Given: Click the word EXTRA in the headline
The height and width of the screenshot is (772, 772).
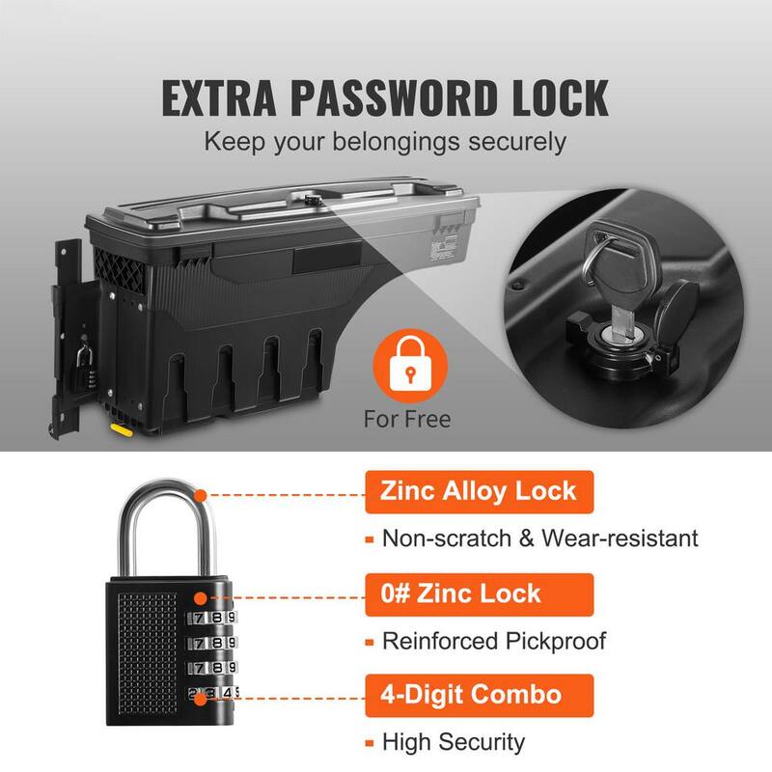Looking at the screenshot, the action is pos(219,98).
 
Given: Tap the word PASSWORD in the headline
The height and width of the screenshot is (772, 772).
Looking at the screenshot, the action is pos(394,98).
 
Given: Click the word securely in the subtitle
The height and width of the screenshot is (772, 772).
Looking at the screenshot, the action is pos(517,142).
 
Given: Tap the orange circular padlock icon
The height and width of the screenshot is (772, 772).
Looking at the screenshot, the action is pos(410,365).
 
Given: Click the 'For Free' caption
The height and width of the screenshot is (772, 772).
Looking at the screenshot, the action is pos(406,420).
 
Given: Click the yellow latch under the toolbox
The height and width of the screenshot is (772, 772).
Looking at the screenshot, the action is pos(121,429).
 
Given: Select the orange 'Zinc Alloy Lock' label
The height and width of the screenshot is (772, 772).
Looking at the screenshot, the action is pos(479,492).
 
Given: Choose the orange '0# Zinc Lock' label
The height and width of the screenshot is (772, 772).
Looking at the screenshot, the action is pos(479,594).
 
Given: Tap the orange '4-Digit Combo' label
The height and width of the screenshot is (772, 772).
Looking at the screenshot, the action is pos(479,695).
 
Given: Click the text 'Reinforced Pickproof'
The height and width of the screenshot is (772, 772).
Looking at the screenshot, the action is pos(494,641).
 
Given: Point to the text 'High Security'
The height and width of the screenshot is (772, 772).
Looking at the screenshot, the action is pos(454,742).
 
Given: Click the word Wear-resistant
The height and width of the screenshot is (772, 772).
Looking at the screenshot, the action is pos(620,538).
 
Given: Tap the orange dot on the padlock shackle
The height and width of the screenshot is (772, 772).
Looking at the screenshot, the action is pos(200,495).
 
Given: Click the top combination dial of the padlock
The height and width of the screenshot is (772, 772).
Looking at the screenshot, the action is pos(211,618).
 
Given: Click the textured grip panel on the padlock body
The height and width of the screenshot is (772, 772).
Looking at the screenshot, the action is pos(148,653).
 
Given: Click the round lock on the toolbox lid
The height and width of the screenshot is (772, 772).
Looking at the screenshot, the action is pos(311,199).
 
